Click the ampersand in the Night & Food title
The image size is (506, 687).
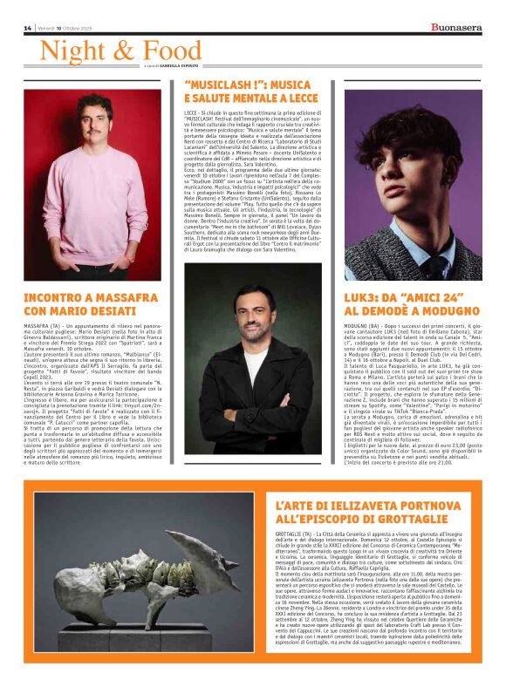click(124, 51)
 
